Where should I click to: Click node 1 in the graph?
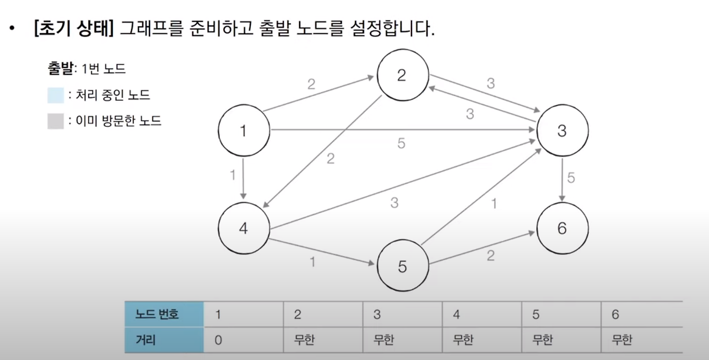(x=243, y=131)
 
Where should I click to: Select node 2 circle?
(x=402, y=75)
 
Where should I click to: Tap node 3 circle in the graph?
(x=562, y=131)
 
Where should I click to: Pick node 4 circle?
(x=243, y=228)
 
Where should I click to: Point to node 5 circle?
(x=402, y=266)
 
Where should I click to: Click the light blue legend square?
(x=55, y=95)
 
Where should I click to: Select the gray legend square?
(x=55, y=121)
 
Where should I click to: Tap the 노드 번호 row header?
(x=164, y=315)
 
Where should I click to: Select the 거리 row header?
(x=164, y=340)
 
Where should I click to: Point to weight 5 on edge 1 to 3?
(x=401, y=143)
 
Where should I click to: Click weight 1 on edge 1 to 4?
(x=233, y=175)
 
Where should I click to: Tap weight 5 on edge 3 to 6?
(x=571, y=178)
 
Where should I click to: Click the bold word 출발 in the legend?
(x=60, y=69)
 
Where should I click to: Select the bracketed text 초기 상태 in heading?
(x=74, y=28)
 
